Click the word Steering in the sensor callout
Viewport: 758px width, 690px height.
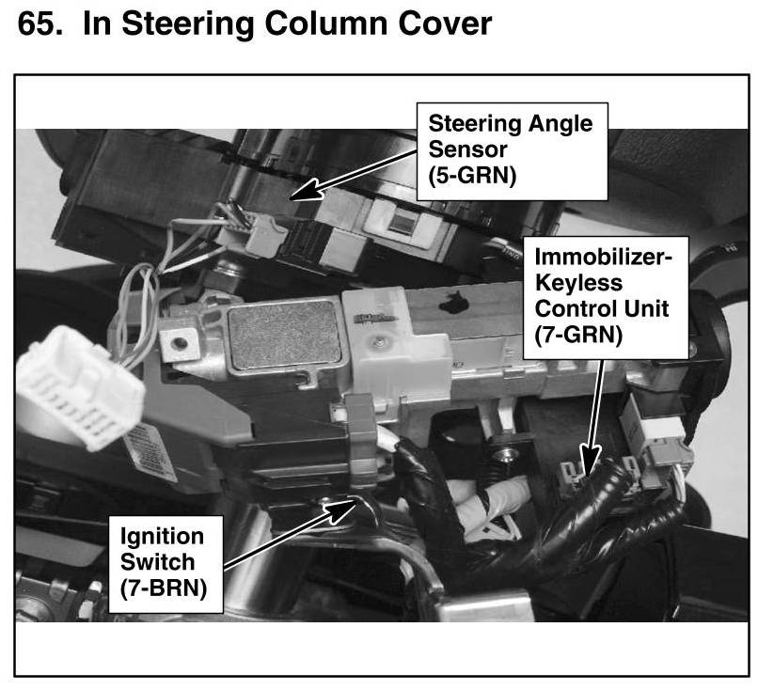click(x=473, y=123)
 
